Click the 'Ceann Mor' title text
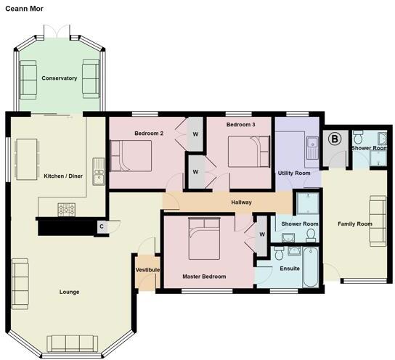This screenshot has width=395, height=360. tap(25, 9)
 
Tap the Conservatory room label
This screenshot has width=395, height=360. tap(59, 78)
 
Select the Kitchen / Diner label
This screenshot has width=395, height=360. tap(63, 176)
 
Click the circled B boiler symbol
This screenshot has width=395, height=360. tap(335, 139)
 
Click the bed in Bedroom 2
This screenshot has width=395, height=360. tap(131, 155)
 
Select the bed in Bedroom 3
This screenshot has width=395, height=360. tap(250, 152)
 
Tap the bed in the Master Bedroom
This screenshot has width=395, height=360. tap(210, 240)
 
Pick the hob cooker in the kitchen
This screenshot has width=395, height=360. tap(68, 209)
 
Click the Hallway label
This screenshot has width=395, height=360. tap(242, 202)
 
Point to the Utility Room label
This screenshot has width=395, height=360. tap(294, 173)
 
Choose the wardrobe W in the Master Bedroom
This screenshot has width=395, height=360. tap(261, 234)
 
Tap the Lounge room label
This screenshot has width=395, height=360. tap(70, 292)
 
